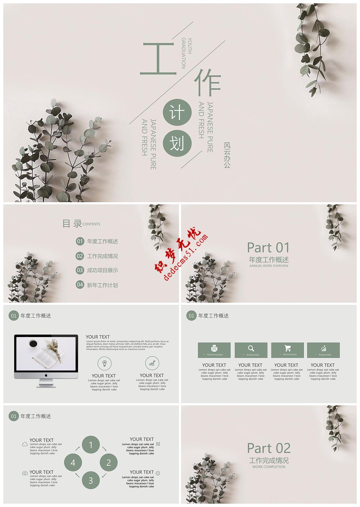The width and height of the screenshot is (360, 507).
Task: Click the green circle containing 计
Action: (177, 113)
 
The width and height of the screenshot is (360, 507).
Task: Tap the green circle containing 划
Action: (177, 143)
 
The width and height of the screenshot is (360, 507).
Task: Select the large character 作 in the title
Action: (207, 82)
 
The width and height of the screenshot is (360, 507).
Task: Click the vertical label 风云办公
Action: (227, 154)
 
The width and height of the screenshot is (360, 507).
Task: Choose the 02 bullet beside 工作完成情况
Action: (80, 256)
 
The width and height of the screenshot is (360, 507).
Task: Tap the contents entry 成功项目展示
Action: (102, 270)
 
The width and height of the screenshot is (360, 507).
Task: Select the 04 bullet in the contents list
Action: (80, 285)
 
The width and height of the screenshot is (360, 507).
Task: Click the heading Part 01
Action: (268, 247)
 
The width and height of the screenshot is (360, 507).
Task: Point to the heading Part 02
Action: (268, 448)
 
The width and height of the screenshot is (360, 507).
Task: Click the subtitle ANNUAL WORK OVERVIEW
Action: (268, 266)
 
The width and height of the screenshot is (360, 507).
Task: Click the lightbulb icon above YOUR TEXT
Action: (104, 363)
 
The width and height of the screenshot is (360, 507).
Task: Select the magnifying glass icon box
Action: (251, 349)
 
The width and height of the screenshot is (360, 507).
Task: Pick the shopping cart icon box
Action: (287, 349)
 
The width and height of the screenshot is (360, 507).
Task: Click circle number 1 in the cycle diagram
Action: (91, 445)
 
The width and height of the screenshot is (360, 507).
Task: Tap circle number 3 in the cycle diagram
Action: (91, 480)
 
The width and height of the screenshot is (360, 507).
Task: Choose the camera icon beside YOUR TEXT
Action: (25, 473)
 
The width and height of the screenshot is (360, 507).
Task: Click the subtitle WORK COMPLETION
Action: (268, 467)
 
